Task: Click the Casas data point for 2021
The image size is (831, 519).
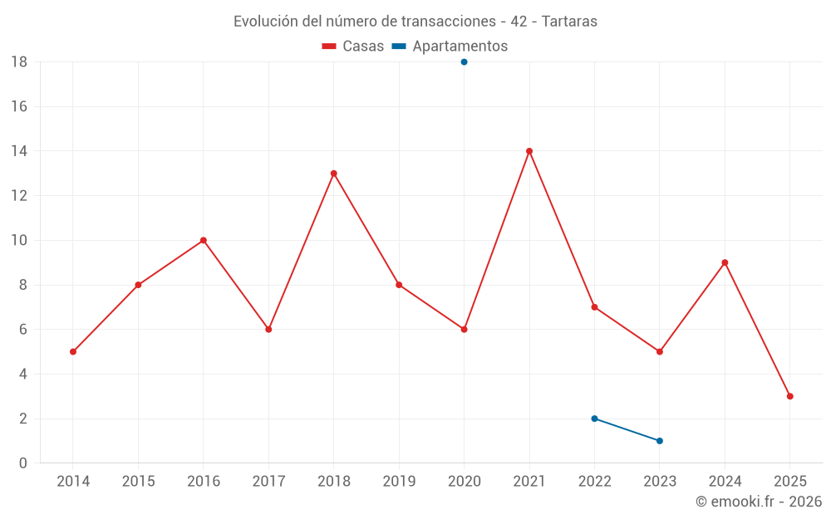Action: tap(529, 151)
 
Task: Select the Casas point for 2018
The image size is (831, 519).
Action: tap(333, 174)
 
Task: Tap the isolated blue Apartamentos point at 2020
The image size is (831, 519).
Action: tap(464, 61)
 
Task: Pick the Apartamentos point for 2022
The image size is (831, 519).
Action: tap(594, 419)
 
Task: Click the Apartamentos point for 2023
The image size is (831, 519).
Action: tap(660, 441)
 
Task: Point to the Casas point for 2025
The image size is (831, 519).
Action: tap(790, 396)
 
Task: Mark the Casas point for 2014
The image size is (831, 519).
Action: tap(73, 351)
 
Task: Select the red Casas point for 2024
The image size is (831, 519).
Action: tap(725, 262)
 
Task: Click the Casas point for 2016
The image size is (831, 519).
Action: tap(204, 240)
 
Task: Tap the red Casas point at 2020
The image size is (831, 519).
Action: tap(464, 330)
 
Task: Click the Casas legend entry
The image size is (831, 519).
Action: tap(353, 47)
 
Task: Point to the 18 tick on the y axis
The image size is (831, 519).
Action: tap(19, 62)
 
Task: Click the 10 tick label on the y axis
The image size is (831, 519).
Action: tap(19, 241)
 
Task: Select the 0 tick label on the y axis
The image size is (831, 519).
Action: tap(23, 463)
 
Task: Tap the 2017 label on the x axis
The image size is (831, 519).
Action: tap(268, 482)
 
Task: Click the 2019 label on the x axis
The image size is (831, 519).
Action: tap(399, 482)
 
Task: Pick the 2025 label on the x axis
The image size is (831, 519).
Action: tap(790, 482)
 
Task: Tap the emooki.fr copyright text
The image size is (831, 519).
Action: tap(759, 502)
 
